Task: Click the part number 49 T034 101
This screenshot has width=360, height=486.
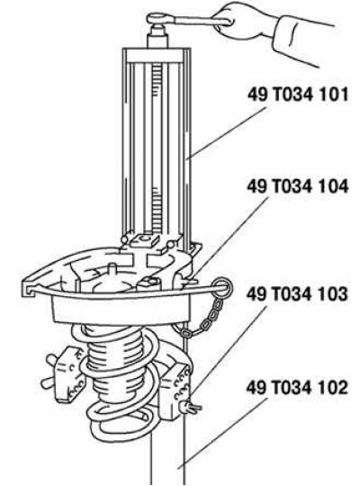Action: [x=298, y=94]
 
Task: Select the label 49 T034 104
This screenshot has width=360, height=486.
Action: [x=298, y=186]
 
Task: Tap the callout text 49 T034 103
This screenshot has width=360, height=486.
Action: [x=297, y=293]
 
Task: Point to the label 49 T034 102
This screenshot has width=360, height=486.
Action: [x=297, y=388]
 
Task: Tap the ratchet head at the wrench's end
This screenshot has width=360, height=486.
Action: [x=158, y=19]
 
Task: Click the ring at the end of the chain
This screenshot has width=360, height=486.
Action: [x=221, y=288]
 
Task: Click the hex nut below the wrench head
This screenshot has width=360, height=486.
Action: [x=157, y=37]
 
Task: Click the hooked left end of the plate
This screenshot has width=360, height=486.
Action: [x=29, y=288]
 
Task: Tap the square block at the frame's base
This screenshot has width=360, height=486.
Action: [x=145, y=241]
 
